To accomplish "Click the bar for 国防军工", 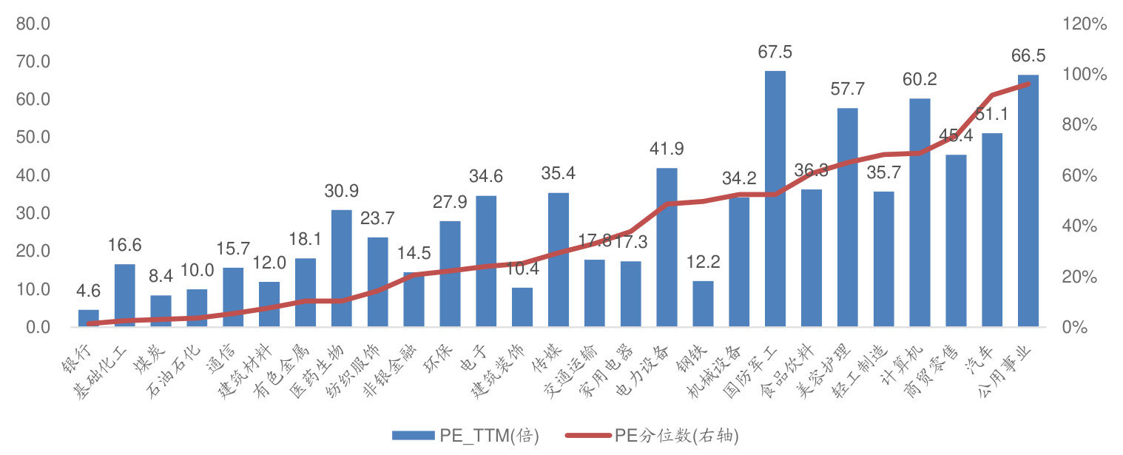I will pos(775,200).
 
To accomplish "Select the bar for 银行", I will pos(89,319).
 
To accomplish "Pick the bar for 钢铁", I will pos(703,304).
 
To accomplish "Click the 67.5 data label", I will pos(775,53).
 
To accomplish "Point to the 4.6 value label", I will pos(89,291).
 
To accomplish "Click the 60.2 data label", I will pos(920,80).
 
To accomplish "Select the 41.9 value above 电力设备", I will pos(667,149).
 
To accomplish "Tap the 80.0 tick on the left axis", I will pos(33,24).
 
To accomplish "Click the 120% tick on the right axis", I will pos(1085,24).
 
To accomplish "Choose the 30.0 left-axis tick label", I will pos(33,213).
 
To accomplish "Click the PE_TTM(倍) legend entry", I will pos(466,435).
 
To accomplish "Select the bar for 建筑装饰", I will pos(522,308).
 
